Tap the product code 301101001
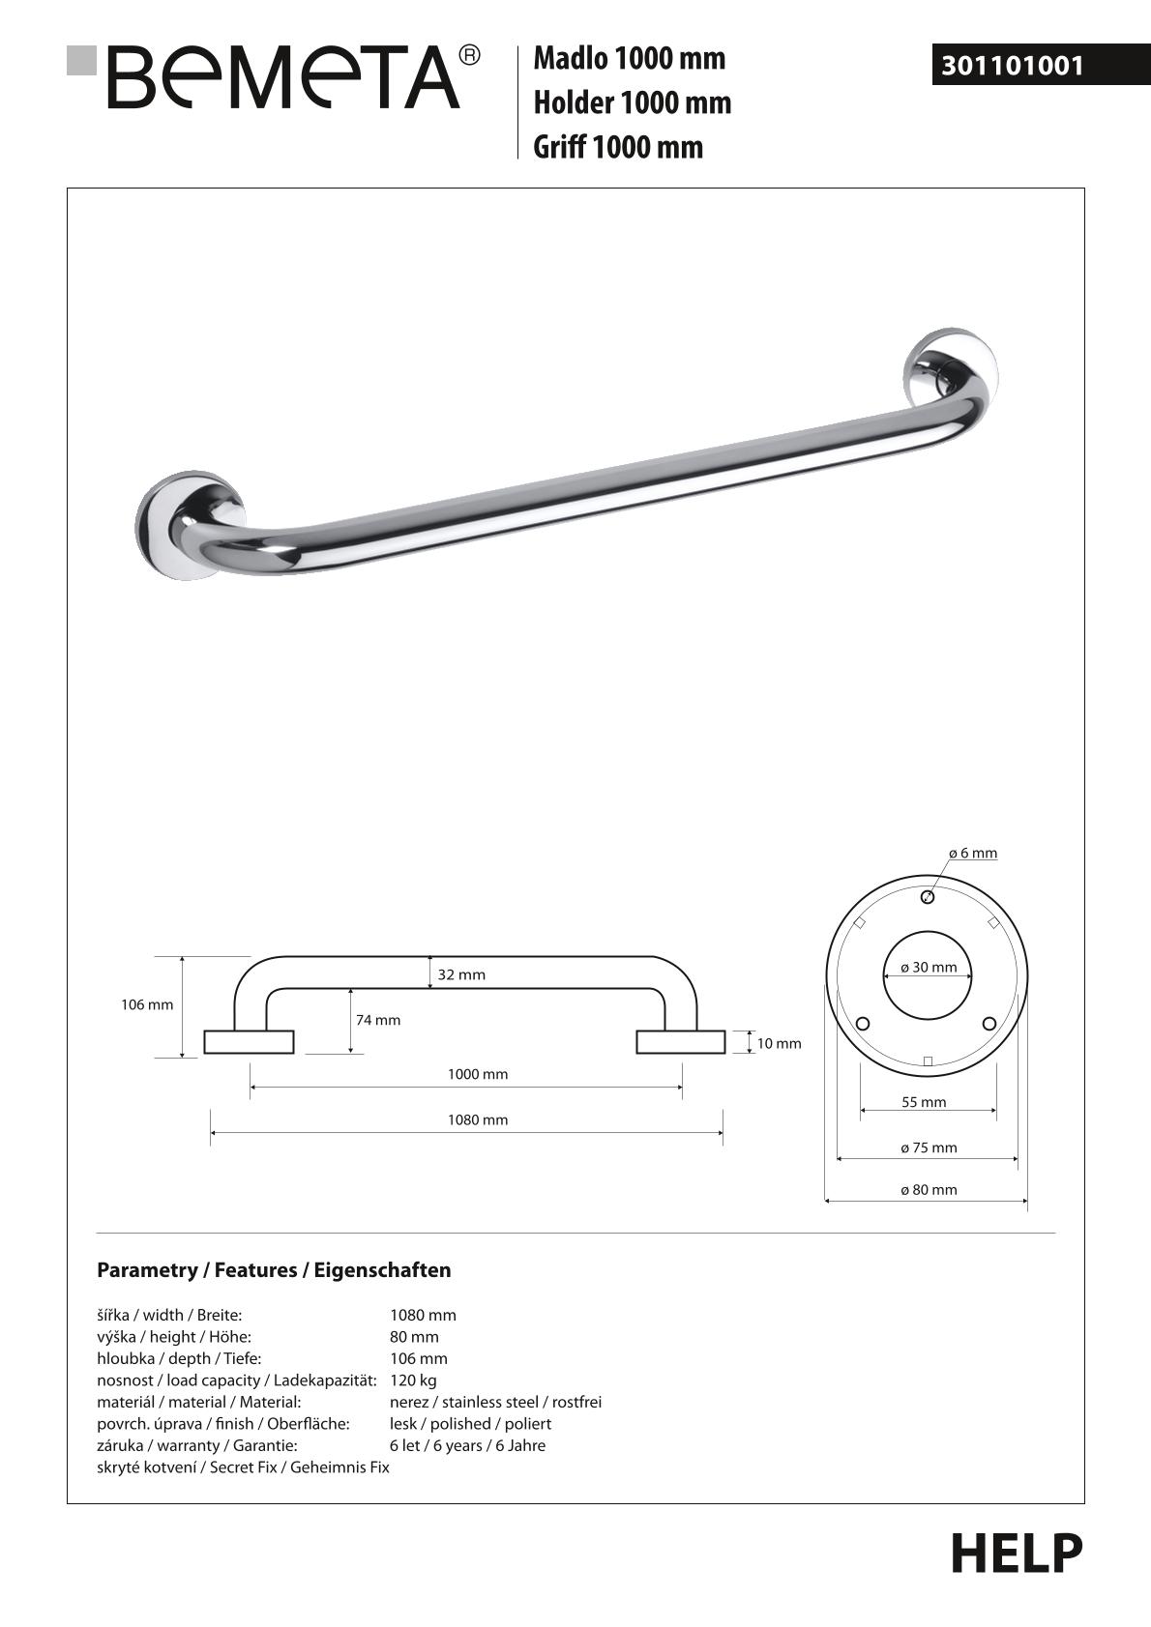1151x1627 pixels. (1013, 66)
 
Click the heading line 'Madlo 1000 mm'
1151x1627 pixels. (629, 58)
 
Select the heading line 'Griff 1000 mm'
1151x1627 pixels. (618, 147)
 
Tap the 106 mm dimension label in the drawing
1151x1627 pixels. (147, 1004)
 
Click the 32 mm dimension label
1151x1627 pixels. (461, 974)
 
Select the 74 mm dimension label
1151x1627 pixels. (377, 1020)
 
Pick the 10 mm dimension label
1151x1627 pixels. (779, 1043)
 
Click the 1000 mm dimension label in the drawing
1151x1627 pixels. (477, 1074)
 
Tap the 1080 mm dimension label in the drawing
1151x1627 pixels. (477, 1119)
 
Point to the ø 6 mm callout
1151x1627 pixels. (972, 853)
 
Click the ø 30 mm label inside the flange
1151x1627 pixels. (929, 967)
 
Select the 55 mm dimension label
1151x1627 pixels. (924, 1102)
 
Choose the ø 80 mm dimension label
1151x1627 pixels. (929, 1190)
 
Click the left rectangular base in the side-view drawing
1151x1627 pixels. (249, 1042)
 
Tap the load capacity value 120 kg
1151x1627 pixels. (413, 1380)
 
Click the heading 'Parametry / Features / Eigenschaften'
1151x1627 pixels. (274, 1270)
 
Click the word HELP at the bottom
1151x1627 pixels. (1017, 1553)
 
